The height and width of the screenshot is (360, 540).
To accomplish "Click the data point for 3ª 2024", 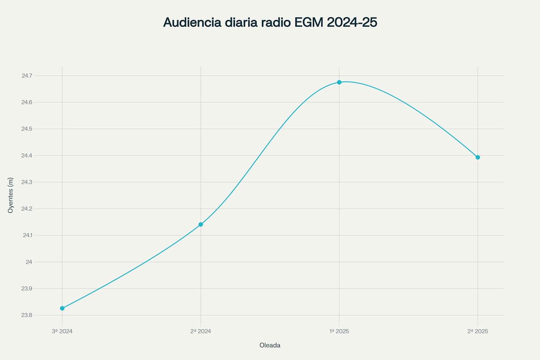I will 62,308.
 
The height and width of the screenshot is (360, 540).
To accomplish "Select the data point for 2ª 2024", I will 201,224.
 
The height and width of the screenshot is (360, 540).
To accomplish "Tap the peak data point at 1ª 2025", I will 339,82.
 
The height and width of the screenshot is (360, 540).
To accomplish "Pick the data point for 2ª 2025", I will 478,157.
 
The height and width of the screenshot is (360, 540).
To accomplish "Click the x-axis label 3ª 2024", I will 62,331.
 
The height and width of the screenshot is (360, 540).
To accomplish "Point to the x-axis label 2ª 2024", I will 201,331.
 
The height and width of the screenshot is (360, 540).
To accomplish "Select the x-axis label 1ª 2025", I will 339,331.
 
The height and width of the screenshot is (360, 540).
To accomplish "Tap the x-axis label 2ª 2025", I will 478,331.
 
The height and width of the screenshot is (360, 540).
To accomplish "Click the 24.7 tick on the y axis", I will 27,76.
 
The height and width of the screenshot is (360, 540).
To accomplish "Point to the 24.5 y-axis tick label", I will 27,129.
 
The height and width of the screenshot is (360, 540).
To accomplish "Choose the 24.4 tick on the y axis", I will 27,155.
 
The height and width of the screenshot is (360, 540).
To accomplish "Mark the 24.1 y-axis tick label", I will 27,235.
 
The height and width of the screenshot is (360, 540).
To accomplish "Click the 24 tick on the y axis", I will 29,262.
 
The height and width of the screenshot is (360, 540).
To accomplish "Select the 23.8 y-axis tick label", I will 27,315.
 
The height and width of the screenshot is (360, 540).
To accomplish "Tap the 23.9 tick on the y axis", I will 27,289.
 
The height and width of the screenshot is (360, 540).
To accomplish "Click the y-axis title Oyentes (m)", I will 11,195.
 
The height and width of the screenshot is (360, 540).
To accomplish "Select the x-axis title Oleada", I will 270,345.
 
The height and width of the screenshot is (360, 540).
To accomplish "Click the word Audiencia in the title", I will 192,22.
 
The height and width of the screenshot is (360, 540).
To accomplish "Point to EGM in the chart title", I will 309,22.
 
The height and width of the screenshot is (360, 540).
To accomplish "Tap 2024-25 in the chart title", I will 352,22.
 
